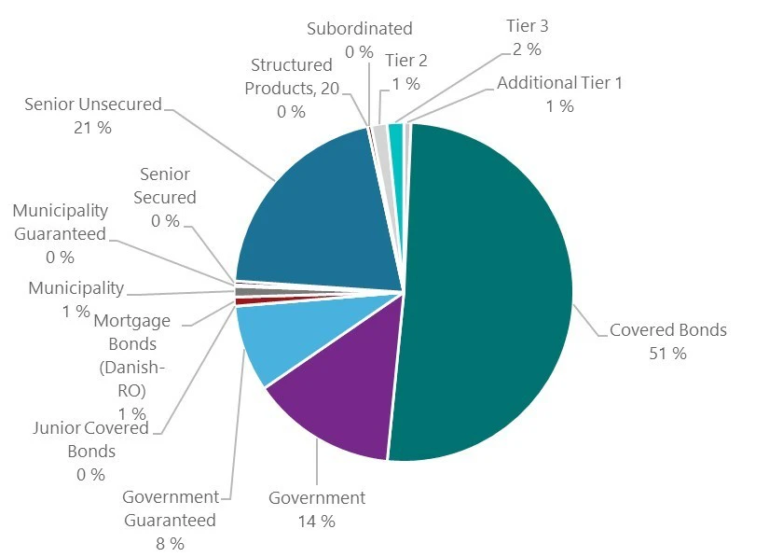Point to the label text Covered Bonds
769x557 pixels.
667,329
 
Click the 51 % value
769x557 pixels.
667,354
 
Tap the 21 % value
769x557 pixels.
91,127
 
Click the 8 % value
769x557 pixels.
170,542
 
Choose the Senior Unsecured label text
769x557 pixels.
93,104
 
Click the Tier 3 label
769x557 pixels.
526,26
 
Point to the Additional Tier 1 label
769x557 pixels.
559,83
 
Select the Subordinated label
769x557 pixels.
359,29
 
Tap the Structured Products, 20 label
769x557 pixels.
291,77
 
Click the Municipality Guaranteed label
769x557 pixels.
60,222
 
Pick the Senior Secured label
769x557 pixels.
165,186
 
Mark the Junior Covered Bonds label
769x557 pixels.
90,439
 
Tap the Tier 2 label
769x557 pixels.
405,61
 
